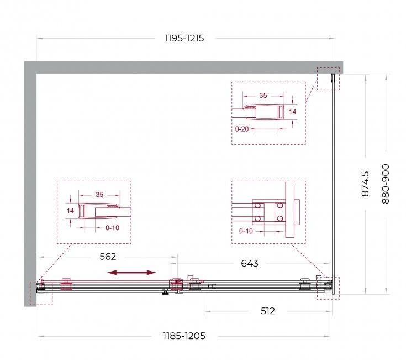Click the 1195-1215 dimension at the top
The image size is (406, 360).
[184, 38]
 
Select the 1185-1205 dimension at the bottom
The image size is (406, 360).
[184, 336]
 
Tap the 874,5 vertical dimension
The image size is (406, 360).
[365, 184]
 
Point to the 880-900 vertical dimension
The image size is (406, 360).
[386, 184]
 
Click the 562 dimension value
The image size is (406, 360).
[108, 257]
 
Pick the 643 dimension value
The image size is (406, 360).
[250, 263]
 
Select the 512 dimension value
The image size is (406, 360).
[268, 311]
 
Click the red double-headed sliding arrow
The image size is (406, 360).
[131, 273]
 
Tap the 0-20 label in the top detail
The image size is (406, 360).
[242, 129]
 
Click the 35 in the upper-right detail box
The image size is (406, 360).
[263, 95]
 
